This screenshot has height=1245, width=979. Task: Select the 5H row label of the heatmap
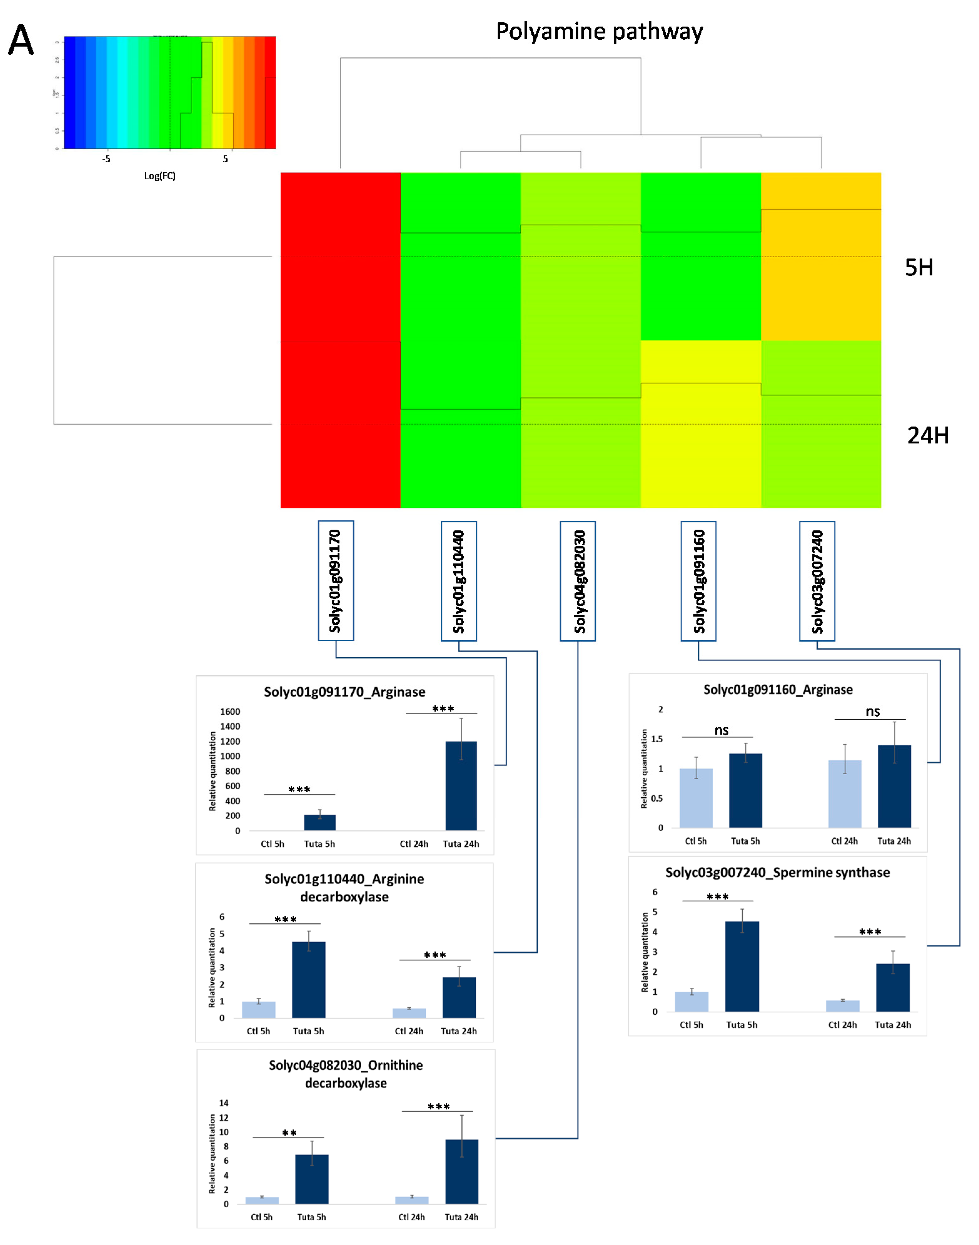pyautogui.click(x=918, y=268)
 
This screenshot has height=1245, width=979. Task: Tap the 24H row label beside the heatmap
pyautogui.click(x=927, y=436)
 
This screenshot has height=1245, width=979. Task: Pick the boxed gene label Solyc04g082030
pyautogui.click(x=578, y=581)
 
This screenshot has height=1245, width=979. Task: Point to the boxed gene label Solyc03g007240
pyautogui.click(x=817, y=581)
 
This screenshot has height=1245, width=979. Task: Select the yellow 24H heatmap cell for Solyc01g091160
pyautogui.click(x=700, y=424)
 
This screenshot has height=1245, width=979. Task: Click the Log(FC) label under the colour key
pyautogui.click(x=160, y=176)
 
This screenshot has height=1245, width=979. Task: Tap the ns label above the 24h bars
pyautogui.click(x=872, y=711)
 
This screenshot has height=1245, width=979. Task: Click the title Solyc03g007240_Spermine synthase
pyautogui.click(x=777, y=872)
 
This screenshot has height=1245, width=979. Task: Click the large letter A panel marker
pyautogui.click(x=21, y=40)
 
